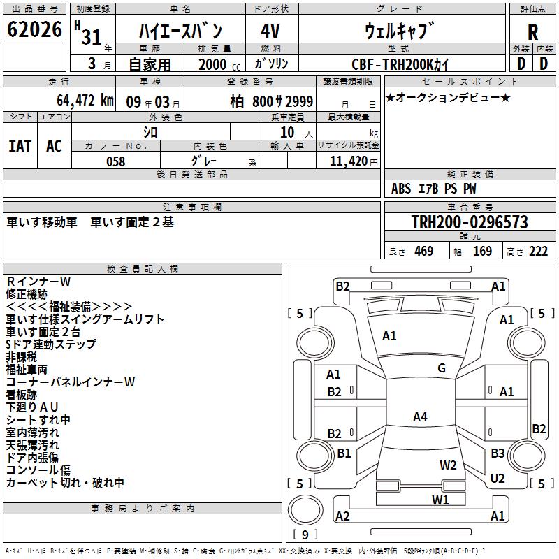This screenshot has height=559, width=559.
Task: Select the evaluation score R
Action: (532, 32)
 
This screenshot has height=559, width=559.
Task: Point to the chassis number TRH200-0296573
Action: (469, 223)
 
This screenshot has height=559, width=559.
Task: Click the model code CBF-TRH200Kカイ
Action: (401, 64)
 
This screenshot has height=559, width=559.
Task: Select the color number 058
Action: (115, 161)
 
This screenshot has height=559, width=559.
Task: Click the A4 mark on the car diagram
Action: (419, 417)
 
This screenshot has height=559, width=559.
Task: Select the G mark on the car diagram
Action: (441, 368)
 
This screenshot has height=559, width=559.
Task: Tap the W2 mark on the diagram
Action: (448, 465)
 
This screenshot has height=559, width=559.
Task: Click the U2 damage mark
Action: (498, 478)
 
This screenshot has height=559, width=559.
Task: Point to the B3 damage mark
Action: (498, 453)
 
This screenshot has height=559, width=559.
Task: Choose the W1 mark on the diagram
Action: (440, 499)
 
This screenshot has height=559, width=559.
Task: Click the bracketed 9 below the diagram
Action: (305, 535)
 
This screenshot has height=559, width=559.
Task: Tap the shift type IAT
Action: (20, 145)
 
